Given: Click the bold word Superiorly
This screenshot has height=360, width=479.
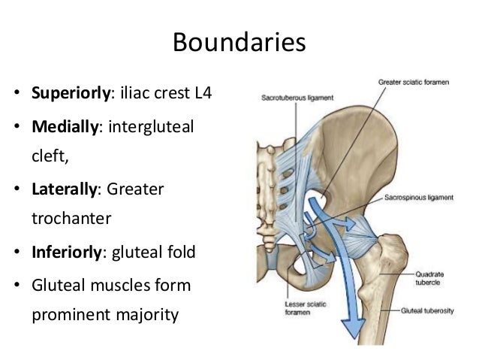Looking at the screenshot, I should click(71, 95).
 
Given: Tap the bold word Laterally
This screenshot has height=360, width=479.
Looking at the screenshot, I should click(64, 189).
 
